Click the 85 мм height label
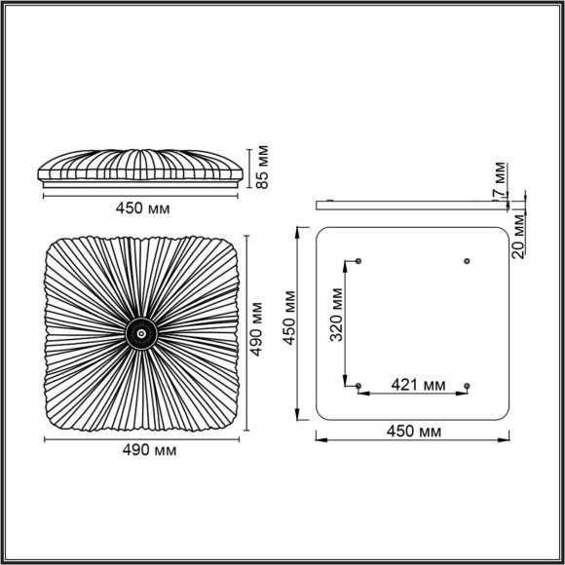pyautogui.click(x=262, y=169)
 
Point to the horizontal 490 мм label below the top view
pyautogui.click(x=142, y=450)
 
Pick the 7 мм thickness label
pyautogui.click(x=499, y=178)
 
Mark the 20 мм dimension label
pyautogui.click(x=518, y=235)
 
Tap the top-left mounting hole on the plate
pyautogui.click(x=359, y=261)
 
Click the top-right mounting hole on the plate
pyautogui.click(x=467, y=261)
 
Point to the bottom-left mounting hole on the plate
pyautogui.click(x=359, y=387)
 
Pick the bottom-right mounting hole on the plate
pyautogui.click(x=467, y=387)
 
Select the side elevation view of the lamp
pyautogui.click(x=141, y=168)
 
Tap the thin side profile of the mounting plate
pyautogui.click(x=414, y=205)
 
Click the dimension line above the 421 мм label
pyautogui.click(x=413, y=395)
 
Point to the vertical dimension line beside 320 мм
pyautogui.click(x=345, y=321)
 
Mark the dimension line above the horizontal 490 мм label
pyautogui.click(x=142, y=438)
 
